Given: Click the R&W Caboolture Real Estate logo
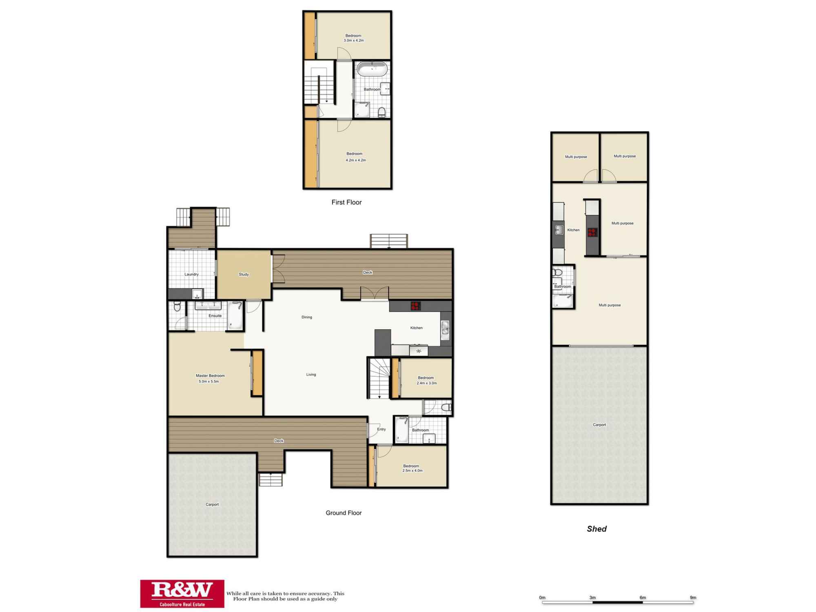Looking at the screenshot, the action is (182, 594).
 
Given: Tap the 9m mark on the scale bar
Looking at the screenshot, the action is (693, 598).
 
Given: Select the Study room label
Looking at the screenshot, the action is (244, 274).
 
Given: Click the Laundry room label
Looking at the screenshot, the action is (191, 274).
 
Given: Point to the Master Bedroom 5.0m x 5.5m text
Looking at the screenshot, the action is (210, 379).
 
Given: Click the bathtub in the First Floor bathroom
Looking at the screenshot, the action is (372, 69).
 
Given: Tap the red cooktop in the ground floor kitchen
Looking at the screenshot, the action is (415, 306).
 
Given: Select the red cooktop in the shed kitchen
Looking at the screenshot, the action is (592, 232).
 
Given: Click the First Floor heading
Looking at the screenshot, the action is (346, 202).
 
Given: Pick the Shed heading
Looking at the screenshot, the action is (596, 529).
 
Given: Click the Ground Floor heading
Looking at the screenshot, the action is (344, 513).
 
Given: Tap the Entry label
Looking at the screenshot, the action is (381, 429).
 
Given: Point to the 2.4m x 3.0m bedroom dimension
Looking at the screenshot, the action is (427, 383).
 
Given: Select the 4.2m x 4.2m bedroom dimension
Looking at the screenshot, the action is (356, 160).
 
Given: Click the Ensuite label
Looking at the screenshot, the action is (215, 316).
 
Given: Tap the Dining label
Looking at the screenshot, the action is (307, 317).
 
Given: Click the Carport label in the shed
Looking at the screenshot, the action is (599, 425).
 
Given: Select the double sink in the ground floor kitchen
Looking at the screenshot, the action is (445, 330).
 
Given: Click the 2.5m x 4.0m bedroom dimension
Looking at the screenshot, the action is (412, 470).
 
